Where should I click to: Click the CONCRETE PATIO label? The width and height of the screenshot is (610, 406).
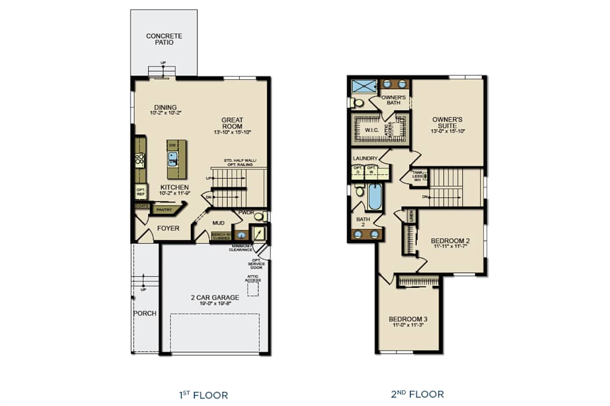pyautogui.click(x=163, y=39)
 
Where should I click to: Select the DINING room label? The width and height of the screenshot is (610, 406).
pyautogui.click(x=165, y=107)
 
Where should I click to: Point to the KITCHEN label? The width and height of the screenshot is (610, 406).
pyautogui.click(x=174, y=187)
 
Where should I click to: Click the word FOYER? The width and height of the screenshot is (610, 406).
pyautogui.click(x=168, y=229)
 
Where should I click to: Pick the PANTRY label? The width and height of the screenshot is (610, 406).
pyautogui.click(x=164, y=210)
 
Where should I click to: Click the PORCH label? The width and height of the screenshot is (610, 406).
pyautogui.click(x=145, y=313)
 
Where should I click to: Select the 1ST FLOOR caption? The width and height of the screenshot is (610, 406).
pyautogui.click(x=204, y=394)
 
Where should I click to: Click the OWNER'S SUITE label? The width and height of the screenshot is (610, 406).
pyautogui.click(x=447, y=123)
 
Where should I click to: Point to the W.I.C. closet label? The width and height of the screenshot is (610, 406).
pyautogui.click(x=373, y=129)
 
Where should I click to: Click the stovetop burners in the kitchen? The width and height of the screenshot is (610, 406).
pyautogui.click(x=140, y=160)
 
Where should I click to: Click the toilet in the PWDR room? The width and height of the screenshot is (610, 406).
pyautogui.click(x=259, y=216)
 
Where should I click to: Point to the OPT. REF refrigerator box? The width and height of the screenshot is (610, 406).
pyautogui.click(x=140, y=191)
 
